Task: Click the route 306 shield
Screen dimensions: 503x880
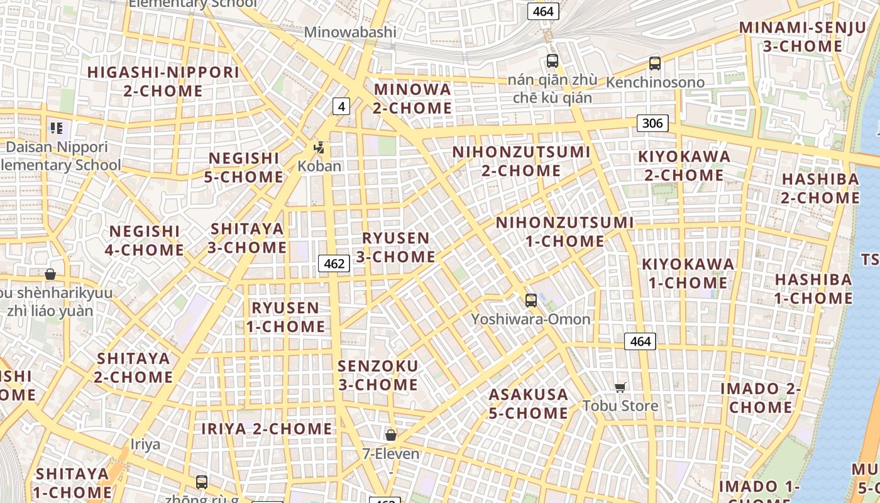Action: pyautogui.click(x=652, y=123)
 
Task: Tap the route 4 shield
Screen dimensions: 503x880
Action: pyautogui.click(x=341, y=106)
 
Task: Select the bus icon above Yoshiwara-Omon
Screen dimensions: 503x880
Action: pyautogui.click(x=531, y=301)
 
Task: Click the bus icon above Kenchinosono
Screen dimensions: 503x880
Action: pyautogui.click(x=655, y=63)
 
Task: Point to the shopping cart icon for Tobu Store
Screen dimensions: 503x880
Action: pyautogui.click(x=620, y=387)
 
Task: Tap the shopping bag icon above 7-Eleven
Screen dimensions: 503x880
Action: pyautogui.click(x=391, y=434)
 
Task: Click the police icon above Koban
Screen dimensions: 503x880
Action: pyautogui.click(x=319, y=148)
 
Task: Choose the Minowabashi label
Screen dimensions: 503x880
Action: pyautogui.click(x=350, y=32)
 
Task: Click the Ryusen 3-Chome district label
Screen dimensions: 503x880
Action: pyautogui.click(x=396, y=247)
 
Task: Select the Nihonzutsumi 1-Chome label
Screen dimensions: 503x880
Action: pyautogui.click(x=564, y=232)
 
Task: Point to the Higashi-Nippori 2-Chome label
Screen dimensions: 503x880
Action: pyautogui.click(x=163, y=81)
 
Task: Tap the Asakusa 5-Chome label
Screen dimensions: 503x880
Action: pyautogui.click(x=529, y=404)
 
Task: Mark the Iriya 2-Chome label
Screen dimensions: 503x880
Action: pyautogui.click(x=267, y=429)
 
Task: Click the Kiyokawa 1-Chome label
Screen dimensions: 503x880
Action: pyautogui.click(x=688, y=273)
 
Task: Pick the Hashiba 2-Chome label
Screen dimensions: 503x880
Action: pyautogui.click(x=820, y=188)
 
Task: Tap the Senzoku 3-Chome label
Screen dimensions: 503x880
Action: pyautogui.click(x=378, y=375)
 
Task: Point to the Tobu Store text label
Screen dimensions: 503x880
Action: pyautogui.click(x=620, y=406)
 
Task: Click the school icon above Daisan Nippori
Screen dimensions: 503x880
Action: pyautogui.click(x=57, y=129)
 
